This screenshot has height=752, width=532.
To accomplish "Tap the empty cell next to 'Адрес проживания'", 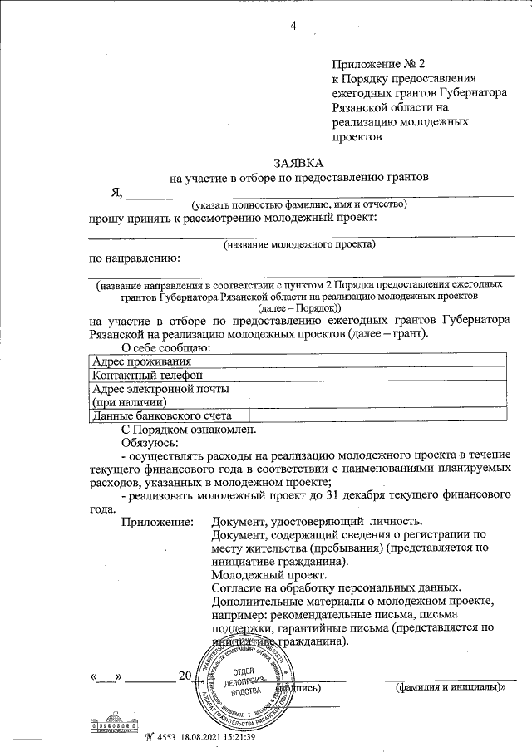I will tap(378, 361).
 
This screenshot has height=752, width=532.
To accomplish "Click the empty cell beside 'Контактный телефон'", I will tap(378, 375).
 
